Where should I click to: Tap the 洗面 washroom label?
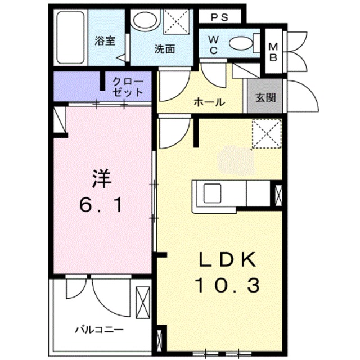coord(165,49)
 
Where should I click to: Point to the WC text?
coord(214,44)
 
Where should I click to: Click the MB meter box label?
coord(273,51)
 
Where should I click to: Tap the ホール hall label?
coord(209,102)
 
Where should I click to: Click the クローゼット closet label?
coord(128,87)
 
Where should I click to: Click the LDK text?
coord(227,260)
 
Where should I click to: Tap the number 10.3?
coord(227,286)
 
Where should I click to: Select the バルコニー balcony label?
coord(99,329)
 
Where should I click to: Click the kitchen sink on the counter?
coord(213,194)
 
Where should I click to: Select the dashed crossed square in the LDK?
coord(266,134)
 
